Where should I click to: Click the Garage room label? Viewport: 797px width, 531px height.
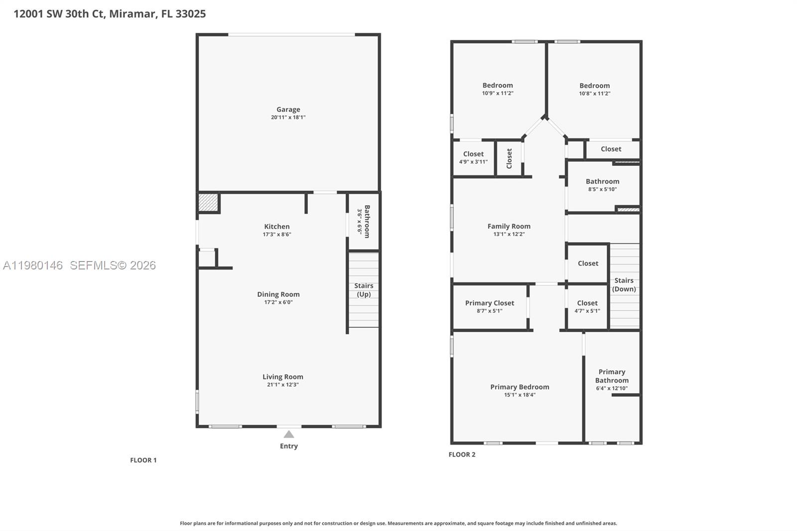tap(288, 110)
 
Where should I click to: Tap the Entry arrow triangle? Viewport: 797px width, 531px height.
tap(289, 434)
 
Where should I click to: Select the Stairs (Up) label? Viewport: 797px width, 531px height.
tap(364, 289)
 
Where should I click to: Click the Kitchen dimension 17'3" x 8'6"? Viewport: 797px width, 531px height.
tap(277, 234)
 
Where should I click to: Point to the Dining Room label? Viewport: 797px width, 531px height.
tap(278, 294)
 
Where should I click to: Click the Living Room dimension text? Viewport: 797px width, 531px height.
tap(282, 385)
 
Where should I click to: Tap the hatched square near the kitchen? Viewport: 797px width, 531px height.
tap(208, 202)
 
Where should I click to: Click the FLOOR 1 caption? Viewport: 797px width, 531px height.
tap(143, 460)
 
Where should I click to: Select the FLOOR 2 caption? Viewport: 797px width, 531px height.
tap(462, 454)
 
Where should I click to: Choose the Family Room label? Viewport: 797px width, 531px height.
tap(509, 226)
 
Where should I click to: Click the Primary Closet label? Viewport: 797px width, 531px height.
tap(489, 303)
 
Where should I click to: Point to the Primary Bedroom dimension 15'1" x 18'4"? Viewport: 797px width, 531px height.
tap(520, 395)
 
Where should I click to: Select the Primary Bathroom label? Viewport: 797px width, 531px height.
tap(612, 376)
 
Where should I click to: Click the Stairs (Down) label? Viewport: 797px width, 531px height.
tap(624, 284)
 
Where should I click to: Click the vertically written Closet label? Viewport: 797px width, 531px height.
tap(509, 158)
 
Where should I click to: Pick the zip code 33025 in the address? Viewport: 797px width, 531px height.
tap(191, 14)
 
